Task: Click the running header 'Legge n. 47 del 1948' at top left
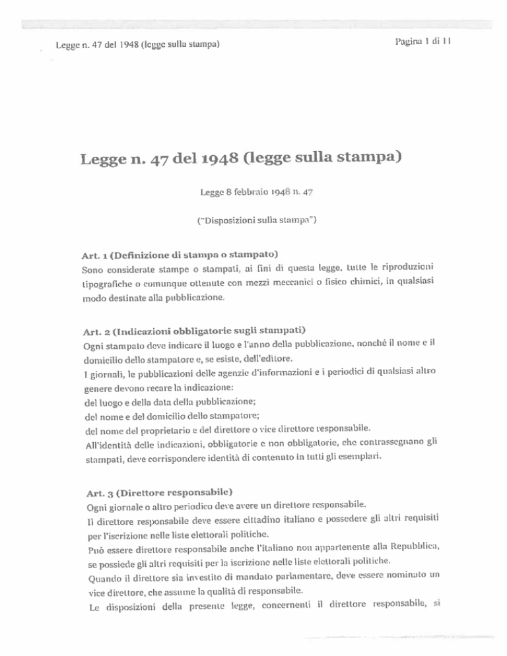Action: tap(137, 46)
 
